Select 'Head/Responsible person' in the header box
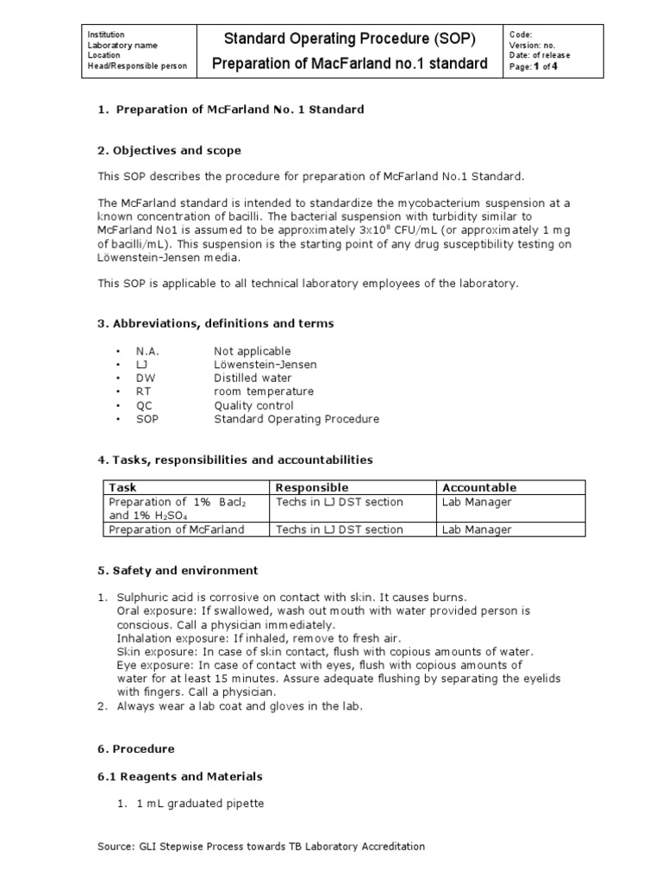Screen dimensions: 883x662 (136, 66)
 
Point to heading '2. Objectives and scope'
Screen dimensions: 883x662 (168, 150)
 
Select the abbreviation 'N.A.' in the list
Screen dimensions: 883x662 (147, 351)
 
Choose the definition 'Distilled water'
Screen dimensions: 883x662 (253, 378)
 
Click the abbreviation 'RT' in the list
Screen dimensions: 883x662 (143, 391)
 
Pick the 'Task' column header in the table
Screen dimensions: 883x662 (122, 487)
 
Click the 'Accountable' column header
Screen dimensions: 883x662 (478, 487)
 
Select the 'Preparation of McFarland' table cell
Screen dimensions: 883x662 (176, 529)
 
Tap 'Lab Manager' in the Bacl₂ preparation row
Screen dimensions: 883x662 (476, 502)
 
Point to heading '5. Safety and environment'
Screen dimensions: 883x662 (177, 571)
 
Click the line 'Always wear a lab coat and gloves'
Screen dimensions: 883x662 (240, 706)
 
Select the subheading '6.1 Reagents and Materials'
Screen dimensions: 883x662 (179, 776)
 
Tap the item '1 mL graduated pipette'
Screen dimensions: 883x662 (200, 804)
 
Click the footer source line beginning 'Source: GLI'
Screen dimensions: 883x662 (261, 847)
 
